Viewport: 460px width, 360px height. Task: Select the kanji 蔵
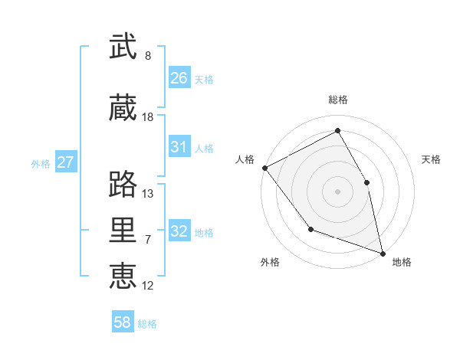[x=123, y=109]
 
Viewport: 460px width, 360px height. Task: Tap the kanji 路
[x=123, y=184]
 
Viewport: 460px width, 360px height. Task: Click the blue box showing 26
[x=179, y=78]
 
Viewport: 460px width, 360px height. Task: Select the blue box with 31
[x=179, y=147]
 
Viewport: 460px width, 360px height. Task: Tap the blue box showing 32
[x=179, y=231]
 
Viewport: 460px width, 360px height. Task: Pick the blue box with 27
[x=66, y=162]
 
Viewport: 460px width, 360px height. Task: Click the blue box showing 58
[x=123, y=322]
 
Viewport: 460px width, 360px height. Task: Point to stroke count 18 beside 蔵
[x=148, y=117]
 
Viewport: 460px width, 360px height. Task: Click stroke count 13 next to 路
[x=148, y=193]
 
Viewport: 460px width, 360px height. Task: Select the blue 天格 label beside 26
[x=204, y=79]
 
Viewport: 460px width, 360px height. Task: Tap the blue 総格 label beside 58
[x=147, y=323]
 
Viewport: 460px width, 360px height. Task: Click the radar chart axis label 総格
[x=338, y=100]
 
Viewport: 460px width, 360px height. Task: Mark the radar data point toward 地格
[x=382, y=253]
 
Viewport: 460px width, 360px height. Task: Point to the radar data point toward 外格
[x=310, y=229]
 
